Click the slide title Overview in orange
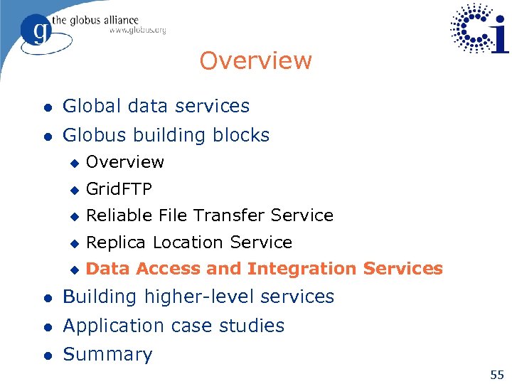pyautogui.click(x=255, y=60)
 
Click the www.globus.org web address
pyautogui.click(x=137, y=31)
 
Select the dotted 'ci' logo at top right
pyautogui.click(x=480, y=28)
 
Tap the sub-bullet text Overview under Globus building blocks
pyautogui.click(x=124, y=162)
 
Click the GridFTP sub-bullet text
pyautogui.click(x=118, y=189)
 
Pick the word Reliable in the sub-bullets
pyautogui.click(x=113, y=215)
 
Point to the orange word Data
pyautogui.click(x=105, y=269)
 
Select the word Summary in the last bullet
pyautogui.click(x=107, y=354)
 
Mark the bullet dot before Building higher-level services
pyautogui.click(x=46, y=297)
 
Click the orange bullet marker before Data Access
pyautogui.click(x=73, y=270)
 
